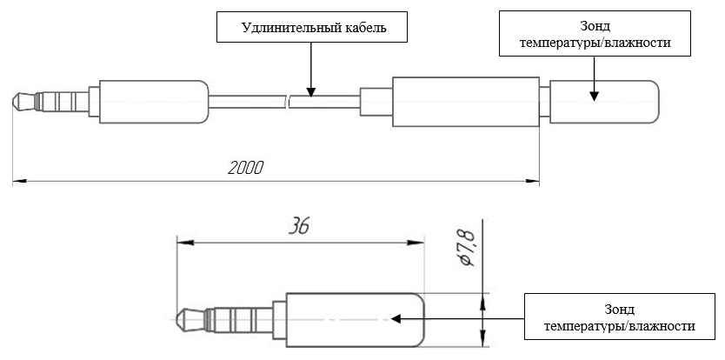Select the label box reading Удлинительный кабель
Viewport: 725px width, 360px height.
pos(313,29)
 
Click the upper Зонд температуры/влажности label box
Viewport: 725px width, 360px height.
pos(595,34)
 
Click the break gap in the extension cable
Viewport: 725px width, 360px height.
pos(290,101)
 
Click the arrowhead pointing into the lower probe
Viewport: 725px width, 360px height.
pos(396,318)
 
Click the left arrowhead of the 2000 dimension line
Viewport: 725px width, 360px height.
pos(19,182)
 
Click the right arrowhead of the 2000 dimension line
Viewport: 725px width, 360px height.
pos(533,182)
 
